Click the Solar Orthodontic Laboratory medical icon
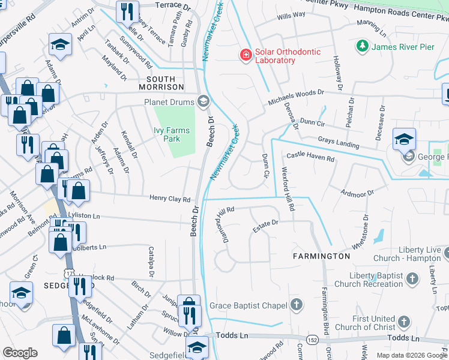[245, 55]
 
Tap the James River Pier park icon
[362, 46]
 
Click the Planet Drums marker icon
[203, 101]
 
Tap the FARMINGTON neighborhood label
[321, 256]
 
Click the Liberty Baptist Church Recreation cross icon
[412, 278]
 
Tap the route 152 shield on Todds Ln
[313, 338]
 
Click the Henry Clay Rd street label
[170, 199]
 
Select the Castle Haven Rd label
[310, 157]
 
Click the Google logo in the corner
[20, 353]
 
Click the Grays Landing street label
[339, 143]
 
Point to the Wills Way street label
[291, 15]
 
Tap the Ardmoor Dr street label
[357, 193]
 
